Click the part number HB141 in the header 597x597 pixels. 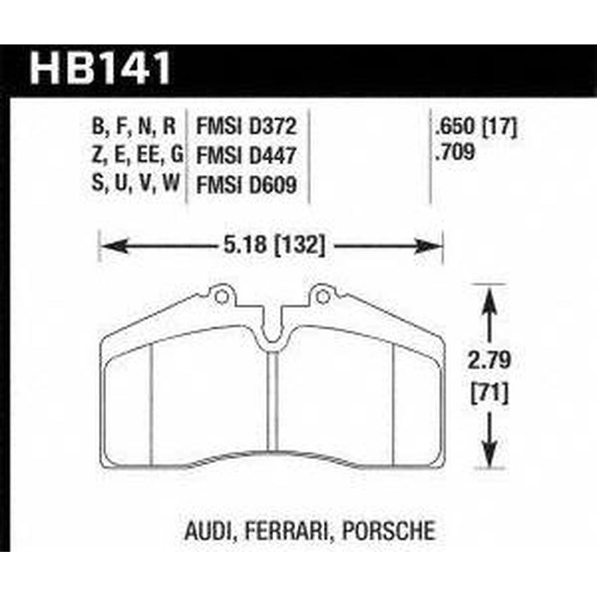tap(100, 68)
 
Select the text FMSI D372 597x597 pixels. tap(246, 127)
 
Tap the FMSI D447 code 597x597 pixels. tap(246, 156)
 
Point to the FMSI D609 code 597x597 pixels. tap(246, 186)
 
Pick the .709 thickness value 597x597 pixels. tap(455, 151)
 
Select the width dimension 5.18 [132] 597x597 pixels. tap(274, 245)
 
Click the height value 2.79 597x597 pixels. tap(489, 360)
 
